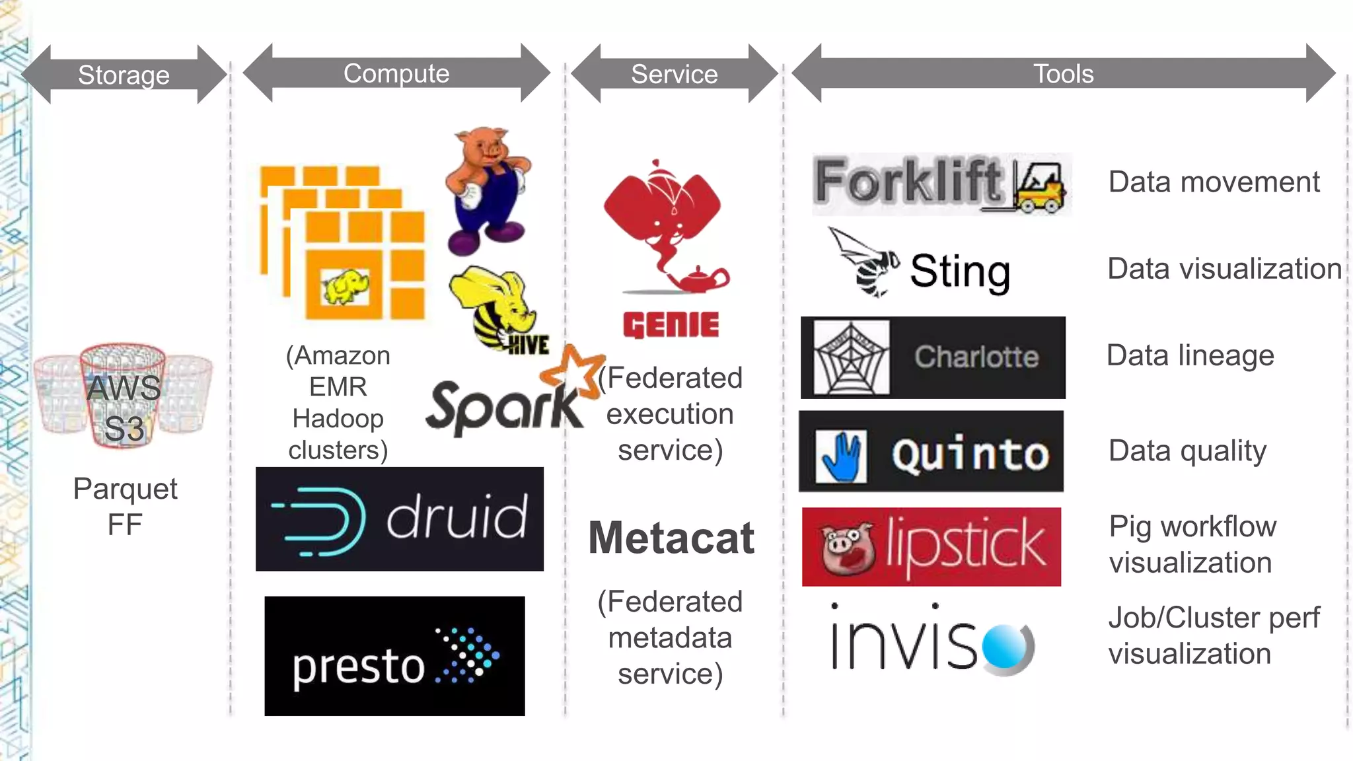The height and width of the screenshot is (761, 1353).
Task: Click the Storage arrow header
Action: [124, 75]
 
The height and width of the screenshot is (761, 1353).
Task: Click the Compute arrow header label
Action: [396, 73]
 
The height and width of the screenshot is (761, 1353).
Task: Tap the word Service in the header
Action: [674, 74]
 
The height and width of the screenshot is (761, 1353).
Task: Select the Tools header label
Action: [1063, 74]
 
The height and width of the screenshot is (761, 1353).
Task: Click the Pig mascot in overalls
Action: [487, 190]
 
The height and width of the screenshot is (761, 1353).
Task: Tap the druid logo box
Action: [400, 519]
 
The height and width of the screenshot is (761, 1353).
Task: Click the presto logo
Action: [394, 656]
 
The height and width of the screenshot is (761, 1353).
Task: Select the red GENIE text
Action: [671, 325]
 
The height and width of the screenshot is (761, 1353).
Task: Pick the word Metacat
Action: [671, 538]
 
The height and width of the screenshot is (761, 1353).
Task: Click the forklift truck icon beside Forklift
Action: [1039, 187]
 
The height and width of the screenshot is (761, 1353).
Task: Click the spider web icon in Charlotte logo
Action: [851, 358]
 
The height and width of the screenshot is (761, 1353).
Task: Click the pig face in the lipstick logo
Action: [848, 548]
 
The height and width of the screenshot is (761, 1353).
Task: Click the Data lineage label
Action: [1190, 355]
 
